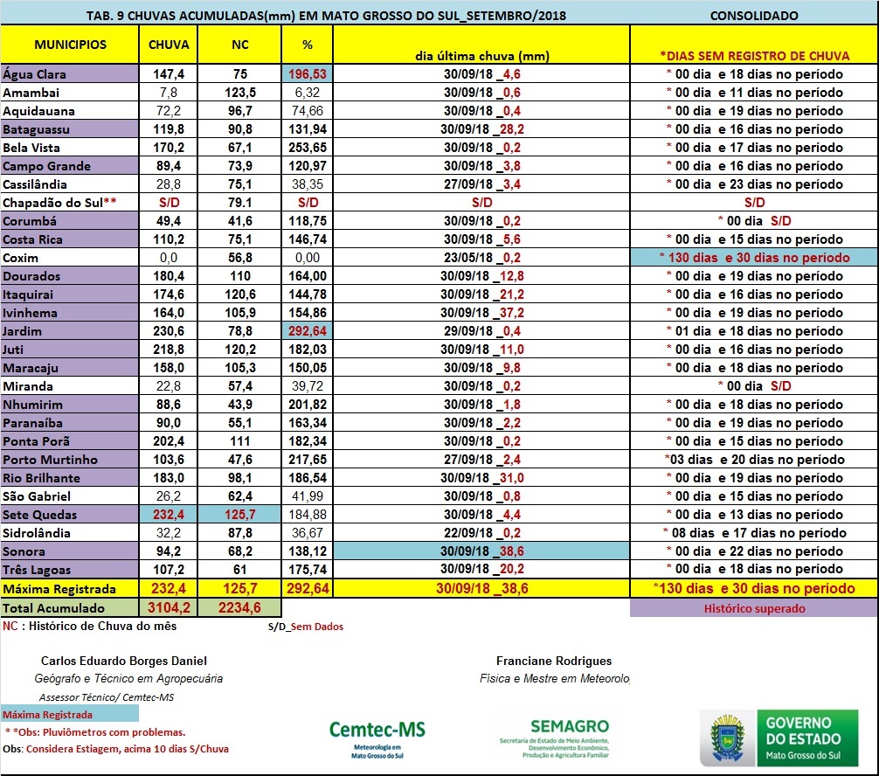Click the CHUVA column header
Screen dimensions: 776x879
click(169, 45)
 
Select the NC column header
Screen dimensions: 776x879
click(239, 45)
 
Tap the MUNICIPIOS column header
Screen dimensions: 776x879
click(71, 45)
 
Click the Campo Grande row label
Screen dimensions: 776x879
click(47, 166)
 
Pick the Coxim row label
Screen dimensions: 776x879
click(21, 258)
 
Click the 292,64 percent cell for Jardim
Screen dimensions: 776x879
click(307, 331)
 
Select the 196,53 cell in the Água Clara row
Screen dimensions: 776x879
click(307, 74)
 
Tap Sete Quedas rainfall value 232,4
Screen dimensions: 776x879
click(169, 514)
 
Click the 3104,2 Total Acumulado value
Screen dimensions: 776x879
click(169, 608)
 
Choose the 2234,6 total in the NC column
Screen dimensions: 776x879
click(239, 608)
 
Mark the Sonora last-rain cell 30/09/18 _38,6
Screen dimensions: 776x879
click(481, 551)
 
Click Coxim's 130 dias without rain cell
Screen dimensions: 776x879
click(753, 258)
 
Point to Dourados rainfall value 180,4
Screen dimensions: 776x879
click(169, 276)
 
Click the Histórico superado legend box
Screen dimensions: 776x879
click(753, 608)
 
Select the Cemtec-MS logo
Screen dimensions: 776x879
click(377, 735)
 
